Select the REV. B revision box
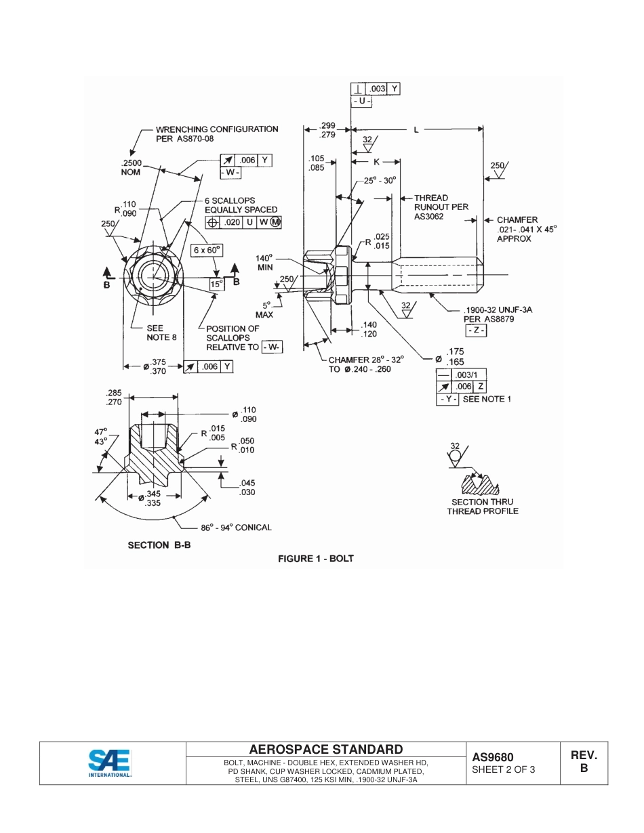(x=583, y=762)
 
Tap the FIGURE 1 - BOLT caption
(x=316, y=559)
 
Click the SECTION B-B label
(x=159, y=544)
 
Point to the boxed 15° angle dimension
(x=216, y=284)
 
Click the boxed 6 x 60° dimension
(x=207, y=250)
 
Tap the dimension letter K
(x=376, y=162)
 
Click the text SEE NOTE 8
(x=161, y=333)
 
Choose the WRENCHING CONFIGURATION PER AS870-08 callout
(x=216, y=133)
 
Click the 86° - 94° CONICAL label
(x=236, y=527)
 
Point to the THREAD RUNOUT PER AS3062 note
(x=441, y=207)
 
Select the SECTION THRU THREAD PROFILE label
(x=482, y=507)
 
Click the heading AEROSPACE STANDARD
(x=325, y=749)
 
